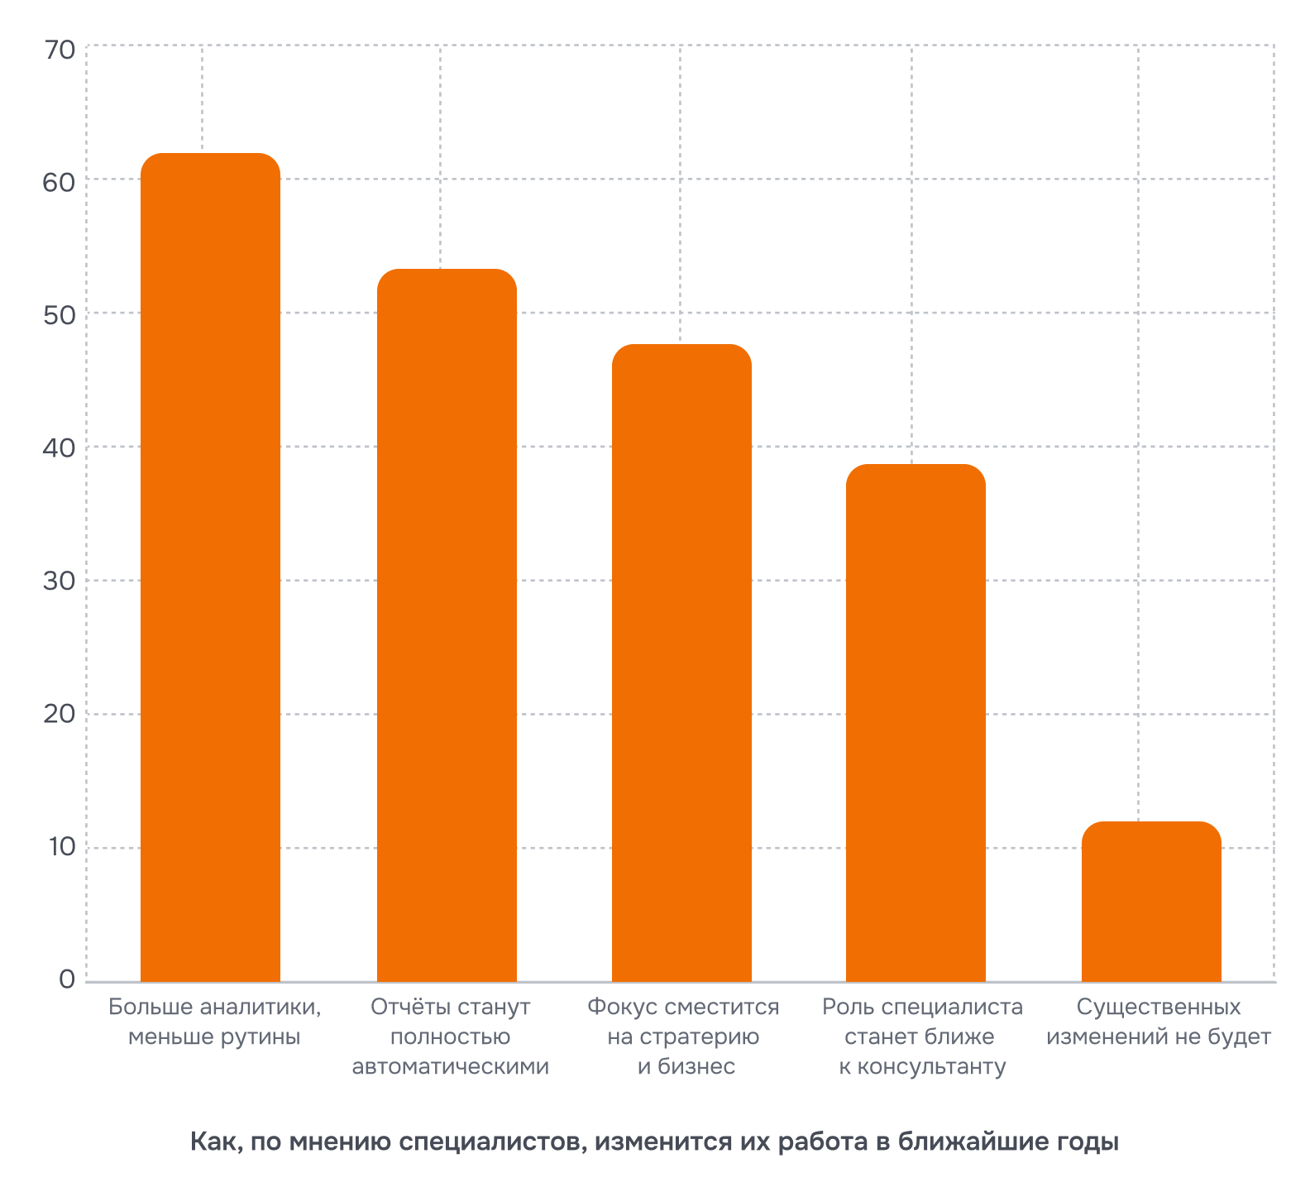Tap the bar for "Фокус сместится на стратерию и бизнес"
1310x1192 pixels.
click(x=681, y=663)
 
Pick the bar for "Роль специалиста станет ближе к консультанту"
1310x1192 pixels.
click(x=916, y=723)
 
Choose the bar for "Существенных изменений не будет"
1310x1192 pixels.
click(x=1151, y=902)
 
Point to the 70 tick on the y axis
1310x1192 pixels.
click(x=60, y=50)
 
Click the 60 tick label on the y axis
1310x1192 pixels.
click(x=60, y=183)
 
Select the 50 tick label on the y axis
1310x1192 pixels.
click(x=60, y=316)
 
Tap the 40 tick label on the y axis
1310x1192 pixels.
click(x=60, y=449)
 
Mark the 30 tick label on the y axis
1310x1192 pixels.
click(x=60, y=582)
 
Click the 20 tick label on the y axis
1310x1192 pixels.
click(x=60, y=716)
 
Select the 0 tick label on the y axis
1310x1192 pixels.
click(x=67, y=980)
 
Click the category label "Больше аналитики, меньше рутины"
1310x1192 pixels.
click(x=214, y=1022)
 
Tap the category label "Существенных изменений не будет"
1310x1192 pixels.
click(x=1158, y=1022)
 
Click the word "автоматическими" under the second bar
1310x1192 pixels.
click(x=450, y=1067)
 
